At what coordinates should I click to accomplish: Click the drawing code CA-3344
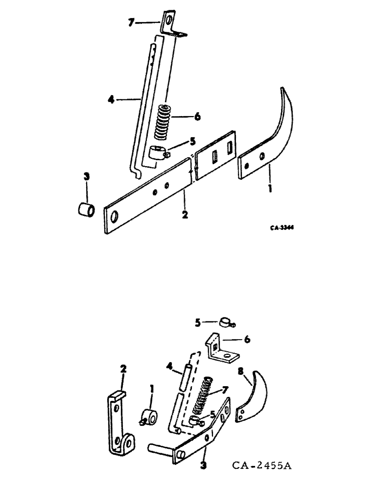pyautogui.click(x=284, y=227)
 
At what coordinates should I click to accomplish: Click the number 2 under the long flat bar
pyautogui.click(x=185, y=215)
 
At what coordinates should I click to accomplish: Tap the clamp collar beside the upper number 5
pyautogui.click(x=158, y=152)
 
